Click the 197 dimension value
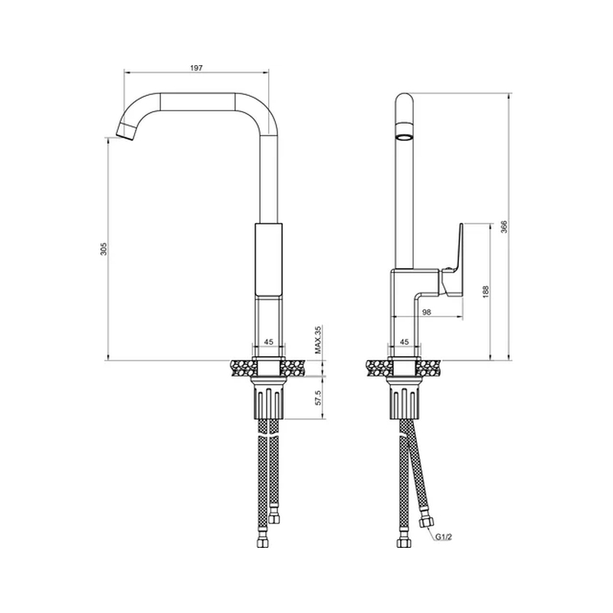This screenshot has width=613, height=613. pyautogui.click(x=196, y=68)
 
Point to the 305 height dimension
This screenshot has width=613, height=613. pyautogui.click(x=103, y=249)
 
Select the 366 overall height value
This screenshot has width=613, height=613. pyautogui.click(x=504, y=227)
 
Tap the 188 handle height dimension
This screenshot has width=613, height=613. pyautogui.click(x=486, y=292)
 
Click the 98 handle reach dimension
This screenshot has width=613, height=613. pyautogui.click(x=427, y=312)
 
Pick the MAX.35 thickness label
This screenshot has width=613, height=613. pyautogui.click(x=318, y=339)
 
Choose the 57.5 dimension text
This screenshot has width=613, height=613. pyautogui.click(x=318, y=398)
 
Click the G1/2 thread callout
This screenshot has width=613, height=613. pyautogui.click(x=444, y=537)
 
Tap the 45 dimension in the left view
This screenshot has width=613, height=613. pyautogui.click(x=269, y=342)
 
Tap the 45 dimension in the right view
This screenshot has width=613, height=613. pyautogui.click(x=405, y=342)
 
